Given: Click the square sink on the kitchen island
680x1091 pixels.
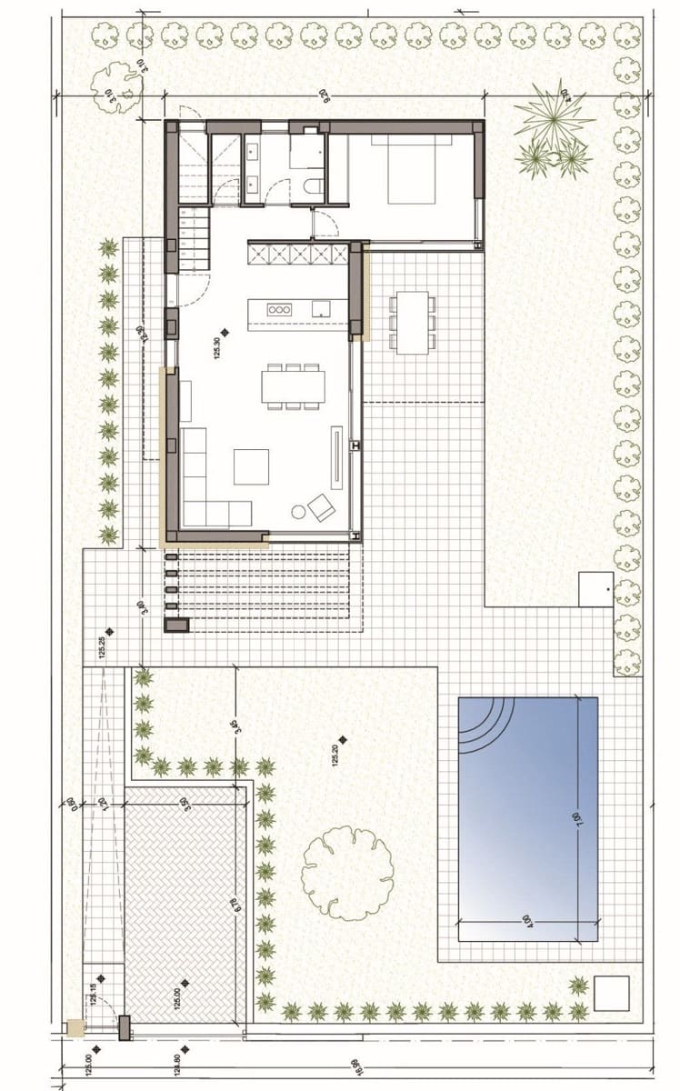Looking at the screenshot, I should click(321, 309).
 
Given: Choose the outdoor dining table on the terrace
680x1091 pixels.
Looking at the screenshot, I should click(412, 321).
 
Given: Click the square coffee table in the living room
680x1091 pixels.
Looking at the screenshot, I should click(251, 466).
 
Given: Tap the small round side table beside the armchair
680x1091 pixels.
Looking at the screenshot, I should click(298, 512).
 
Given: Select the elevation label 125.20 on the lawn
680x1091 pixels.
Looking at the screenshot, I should click(337, 756).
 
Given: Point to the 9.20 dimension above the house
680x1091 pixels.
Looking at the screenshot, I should click(323, 93).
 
